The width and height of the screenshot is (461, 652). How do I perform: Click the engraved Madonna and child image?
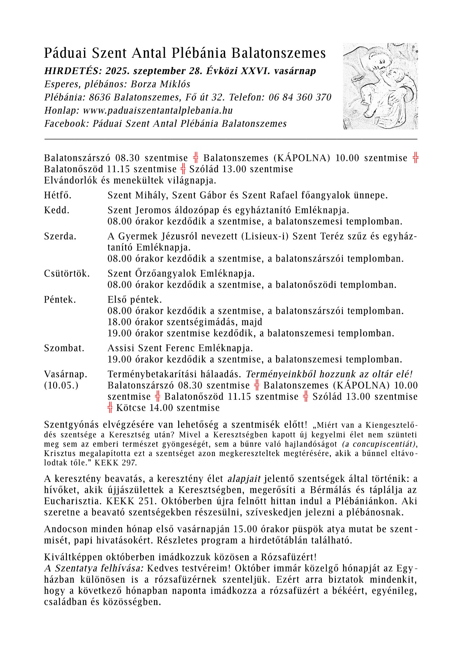[x=380, y=86]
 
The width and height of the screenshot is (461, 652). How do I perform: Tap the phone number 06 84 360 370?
[x=300, y=97]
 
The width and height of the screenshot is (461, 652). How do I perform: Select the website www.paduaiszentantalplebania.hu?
[x=158, y=110]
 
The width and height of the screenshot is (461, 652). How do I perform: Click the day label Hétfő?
[x=57, y=195]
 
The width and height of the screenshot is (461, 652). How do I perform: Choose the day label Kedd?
[x=56, y=210]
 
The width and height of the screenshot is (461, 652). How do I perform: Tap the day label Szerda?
[x=60, y=236]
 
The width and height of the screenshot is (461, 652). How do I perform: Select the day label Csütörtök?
[x=67, y=274]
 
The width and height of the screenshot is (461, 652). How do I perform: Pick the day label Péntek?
[x=60, y=300]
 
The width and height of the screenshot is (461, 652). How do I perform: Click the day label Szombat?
[x=64, y=348]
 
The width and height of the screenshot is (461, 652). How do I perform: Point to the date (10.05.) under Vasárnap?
[x=61, y=386]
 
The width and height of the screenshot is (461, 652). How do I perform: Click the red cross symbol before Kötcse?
[x=110, y=407]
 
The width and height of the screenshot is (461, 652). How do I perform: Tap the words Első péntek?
[x=135, y=300]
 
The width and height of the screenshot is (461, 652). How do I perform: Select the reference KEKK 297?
[x=116, y=463]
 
